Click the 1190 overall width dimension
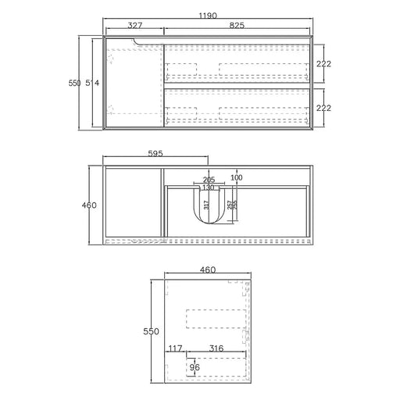pyautogui.click(x=208, y=16)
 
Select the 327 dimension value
pyautogui.click(x=135, y=25)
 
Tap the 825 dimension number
pyautogui.click(x=237, y=25)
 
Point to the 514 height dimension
pyautogui.click(x=92, y=83)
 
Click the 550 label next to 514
pyautogui.click(x=74, y=83)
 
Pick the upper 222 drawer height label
pyautogui.click(x=323, y=64)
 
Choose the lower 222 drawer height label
pyautogui.click(x=323, y=108)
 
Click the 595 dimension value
pyautogui.click(x=155, y=153)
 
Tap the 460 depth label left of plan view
pyautogui.click(x=89, y=205)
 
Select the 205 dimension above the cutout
pyautogui.click(x=209, y=180)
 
